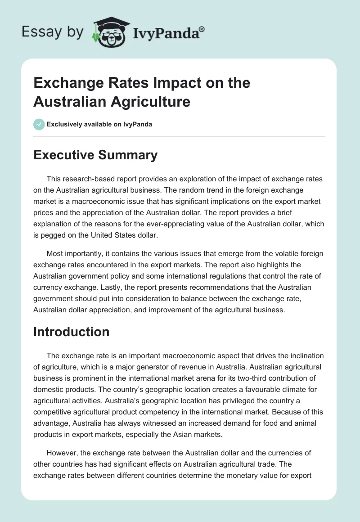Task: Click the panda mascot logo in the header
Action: [110, 32]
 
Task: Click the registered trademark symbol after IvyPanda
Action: [202, 29]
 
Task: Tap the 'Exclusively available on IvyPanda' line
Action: [99, 124]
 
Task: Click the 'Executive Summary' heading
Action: [95, 155]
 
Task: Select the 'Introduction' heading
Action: [72, 332]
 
